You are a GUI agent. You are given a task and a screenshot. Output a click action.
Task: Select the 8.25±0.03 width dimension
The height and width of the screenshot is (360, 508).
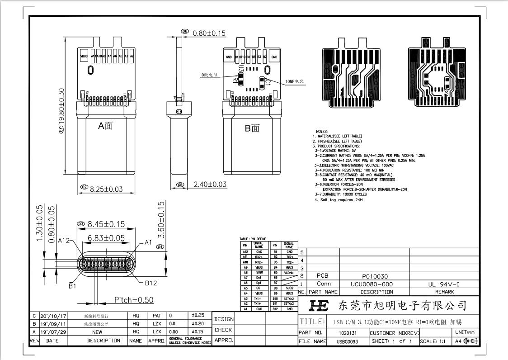point(106,189)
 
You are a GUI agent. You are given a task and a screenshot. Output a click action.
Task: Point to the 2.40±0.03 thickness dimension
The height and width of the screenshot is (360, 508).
point(210,185)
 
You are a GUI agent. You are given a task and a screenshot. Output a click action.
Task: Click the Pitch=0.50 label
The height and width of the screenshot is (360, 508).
point(133,300)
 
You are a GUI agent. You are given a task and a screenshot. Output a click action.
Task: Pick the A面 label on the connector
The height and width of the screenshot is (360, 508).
point(106,126)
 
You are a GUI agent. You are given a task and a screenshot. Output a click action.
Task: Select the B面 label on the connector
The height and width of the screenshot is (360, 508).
point(252,128)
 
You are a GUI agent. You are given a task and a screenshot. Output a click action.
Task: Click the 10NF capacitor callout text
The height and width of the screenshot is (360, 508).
point(294,82)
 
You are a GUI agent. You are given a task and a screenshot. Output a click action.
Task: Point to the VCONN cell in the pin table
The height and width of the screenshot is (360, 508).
point(289,273)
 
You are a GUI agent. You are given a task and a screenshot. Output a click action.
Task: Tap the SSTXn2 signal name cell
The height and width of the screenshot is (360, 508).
point(289,298)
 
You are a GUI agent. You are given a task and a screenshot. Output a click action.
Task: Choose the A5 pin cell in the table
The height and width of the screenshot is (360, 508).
point(245,288)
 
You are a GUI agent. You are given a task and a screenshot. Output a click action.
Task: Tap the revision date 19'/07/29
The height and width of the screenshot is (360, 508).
point(53,332)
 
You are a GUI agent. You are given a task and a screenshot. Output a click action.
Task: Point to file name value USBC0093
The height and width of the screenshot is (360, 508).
point(347,341)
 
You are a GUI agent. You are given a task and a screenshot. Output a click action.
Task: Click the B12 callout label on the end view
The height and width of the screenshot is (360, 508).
point(151,283)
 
